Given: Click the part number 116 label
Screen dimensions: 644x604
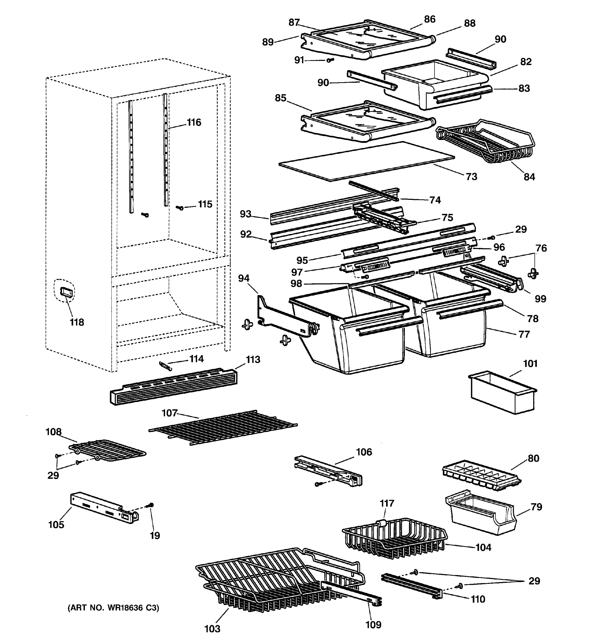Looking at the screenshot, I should (194, 122).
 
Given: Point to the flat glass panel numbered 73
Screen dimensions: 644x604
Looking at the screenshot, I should (366, 161).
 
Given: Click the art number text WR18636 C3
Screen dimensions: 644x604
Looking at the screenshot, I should (113, 608).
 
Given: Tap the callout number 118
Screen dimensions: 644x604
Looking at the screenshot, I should (77, 322).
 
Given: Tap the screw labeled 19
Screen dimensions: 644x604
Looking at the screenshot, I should (151, 505).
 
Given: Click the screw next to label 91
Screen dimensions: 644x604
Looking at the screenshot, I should (330, 60).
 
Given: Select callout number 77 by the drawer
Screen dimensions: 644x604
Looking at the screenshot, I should (524, 334).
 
